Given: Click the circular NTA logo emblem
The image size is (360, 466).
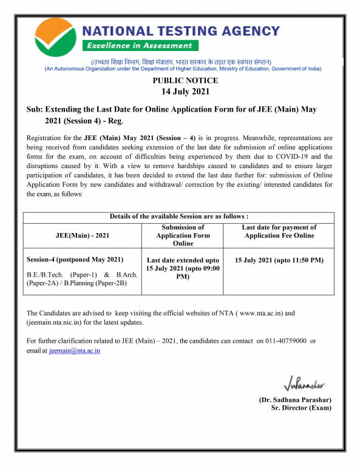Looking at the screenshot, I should point(55,36).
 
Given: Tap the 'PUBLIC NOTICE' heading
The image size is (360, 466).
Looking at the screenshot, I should point(185,80).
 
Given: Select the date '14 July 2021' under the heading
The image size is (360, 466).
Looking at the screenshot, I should point(185,92).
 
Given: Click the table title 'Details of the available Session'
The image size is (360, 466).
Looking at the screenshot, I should point(179,217).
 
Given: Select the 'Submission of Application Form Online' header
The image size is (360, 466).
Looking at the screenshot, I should point(183,235).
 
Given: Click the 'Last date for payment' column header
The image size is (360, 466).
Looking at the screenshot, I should point(279,231).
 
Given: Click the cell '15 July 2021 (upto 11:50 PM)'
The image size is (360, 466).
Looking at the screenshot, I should point(279,260).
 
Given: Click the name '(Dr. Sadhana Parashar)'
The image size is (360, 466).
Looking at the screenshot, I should point(295,400).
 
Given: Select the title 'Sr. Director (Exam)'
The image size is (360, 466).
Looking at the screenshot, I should point(301,408).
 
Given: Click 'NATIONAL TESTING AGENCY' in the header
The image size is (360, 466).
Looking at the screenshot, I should point(181,30).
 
